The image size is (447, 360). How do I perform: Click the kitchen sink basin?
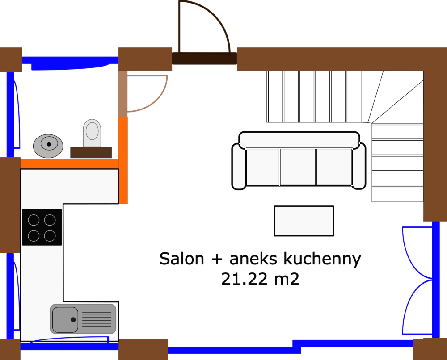pos(65,319)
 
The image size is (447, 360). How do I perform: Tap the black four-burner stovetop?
pos(42,227)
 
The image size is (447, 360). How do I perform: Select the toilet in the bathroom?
pos(92,133)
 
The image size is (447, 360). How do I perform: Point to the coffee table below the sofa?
pos(304,221)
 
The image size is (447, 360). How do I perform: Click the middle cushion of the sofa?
pos(298,167)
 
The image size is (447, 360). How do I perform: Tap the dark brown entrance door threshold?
pos(204,59)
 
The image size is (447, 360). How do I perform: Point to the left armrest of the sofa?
pos(239,166)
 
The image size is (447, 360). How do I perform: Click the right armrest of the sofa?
pos(359,166)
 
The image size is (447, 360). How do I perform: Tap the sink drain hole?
pos(73,319)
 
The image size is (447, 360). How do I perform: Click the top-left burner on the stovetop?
pos(34,220)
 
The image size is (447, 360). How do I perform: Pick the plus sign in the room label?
pos(215,260)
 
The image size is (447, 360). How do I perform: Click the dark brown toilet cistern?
pos(91,152)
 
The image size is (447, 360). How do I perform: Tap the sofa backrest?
pos(299,140)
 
